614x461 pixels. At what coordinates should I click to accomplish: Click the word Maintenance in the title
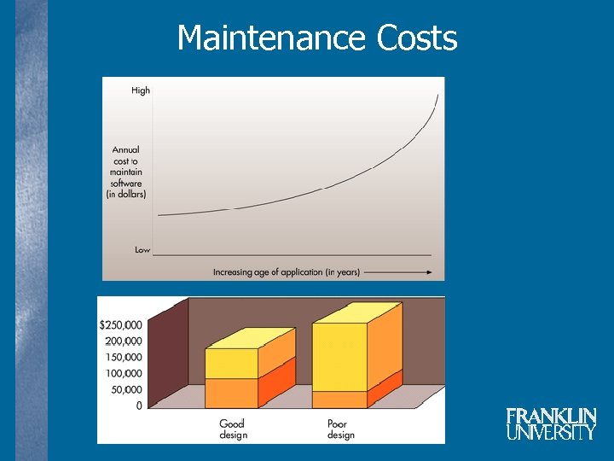270,38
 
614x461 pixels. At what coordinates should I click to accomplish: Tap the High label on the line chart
141,90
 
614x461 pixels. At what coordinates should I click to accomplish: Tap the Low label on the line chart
142,250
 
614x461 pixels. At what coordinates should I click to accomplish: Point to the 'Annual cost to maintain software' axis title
126,172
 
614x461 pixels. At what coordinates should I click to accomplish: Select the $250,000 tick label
121,325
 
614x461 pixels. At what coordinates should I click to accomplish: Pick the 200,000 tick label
124,341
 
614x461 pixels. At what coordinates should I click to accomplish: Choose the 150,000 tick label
124,358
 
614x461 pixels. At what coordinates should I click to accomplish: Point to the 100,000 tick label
124,374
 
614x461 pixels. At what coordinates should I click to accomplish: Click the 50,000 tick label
126,389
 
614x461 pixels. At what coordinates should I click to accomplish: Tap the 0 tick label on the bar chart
139,406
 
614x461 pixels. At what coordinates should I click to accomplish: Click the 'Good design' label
233,429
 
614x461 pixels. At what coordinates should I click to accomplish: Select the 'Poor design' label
340,429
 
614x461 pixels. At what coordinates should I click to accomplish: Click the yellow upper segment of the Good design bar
231,363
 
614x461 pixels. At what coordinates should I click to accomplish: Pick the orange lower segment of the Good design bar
231,392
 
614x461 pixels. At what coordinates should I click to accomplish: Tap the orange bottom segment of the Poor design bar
339,399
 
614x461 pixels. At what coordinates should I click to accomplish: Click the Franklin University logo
551,423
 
